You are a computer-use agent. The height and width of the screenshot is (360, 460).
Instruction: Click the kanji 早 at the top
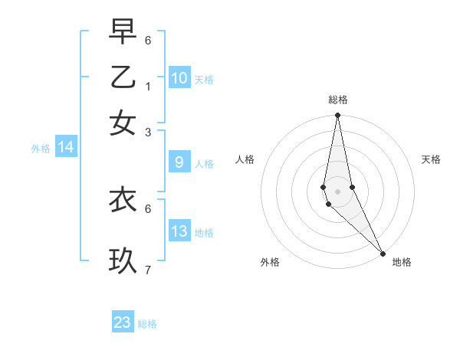[x=123, y=32]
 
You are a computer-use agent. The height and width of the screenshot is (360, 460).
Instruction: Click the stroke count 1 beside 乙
[x=148, y=87]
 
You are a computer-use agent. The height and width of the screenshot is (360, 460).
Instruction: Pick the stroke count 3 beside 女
[x=148, y=132]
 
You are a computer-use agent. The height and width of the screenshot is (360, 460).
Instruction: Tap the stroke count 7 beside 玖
[x=148, y=270]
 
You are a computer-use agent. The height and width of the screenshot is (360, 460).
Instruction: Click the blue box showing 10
[x=179, y=77]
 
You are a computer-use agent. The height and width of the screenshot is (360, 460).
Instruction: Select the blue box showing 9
[x=179, y=162]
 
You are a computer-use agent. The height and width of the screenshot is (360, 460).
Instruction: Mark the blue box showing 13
[x=179, y=231]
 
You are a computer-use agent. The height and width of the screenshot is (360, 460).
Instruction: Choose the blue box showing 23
[x=123, y=322]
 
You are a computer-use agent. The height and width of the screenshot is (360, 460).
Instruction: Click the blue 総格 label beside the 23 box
[x=147, y=324]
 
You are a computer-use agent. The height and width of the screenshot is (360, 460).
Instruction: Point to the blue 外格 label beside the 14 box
[x=41, y=149]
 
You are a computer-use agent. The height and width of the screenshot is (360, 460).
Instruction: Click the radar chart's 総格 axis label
[x=338, y=100]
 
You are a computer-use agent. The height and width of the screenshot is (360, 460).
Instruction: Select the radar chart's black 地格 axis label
[x=402, y=263]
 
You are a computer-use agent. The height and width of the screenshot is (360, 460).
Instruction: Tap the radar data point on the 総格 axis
[x=337, y=116]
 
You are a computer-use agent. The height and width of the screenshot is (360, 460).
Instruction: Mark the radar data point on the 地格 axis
[x=383, y=253]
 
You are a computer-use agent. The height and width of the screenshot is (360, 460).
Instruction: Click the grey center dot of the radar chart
[x=337, y=191]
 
